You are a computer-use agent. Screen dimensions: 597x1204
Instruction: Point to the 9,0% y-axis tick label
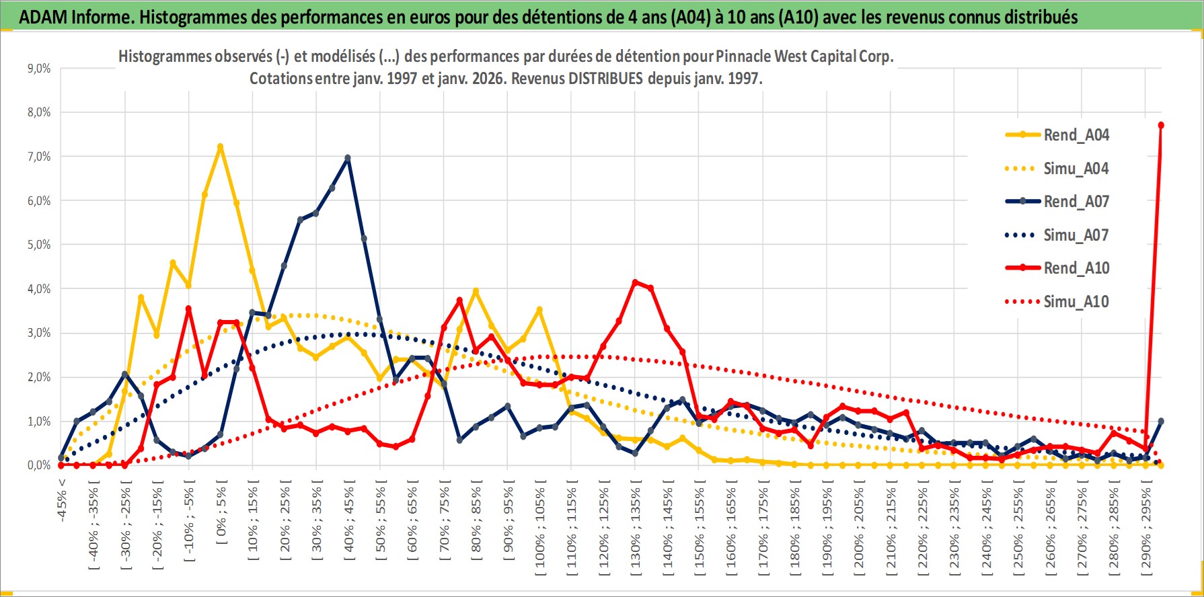39,69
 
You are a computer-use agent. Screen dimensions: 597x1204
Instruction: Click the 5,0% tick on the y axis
39,245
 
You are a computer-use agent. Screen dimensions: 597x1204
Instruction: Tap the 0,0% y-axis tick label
39,465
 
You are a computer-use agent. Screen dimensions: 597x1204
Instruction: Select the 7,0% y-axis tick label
39,157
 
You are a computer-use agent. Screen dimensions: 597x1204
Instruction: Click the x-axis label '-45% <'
62,500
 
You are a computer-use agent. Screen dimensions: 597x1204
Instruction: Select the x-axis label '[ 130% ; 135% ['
636,527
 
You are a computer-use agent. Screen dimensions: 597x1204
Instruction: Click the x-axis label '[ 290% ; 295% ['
1146,527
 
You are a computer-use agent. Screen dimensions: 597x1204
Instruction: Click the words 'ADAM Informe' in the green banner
74,17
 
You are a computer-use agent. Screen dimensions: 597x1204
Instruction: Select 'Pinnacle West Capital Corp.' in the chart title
804,56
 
